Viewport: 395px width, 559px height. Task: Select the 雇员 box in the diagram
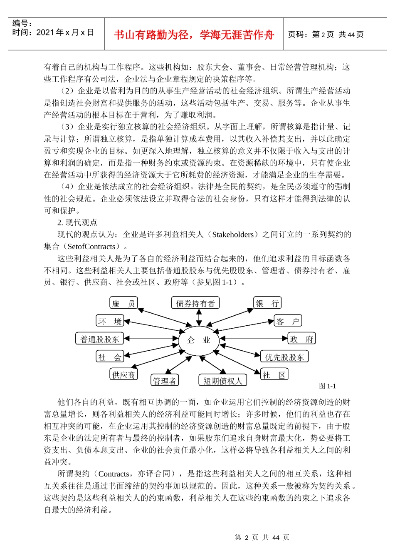pos(123,303)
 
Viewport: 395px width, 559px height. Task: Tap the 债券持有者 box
pos(195,303)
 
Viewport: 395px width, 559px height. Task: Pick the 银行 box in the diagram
pos(267,303)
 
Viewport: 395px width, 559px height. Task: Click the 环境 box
pos(110,321)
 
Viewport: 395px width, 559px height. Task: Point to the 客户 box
pos(288,321)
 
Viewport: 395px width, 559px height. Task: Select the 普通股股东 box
pos(99,339)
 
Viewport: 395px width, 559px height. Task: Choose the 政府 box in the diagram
pos(301,339)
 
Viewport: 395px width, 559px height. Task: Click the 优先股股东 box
pos(284,357)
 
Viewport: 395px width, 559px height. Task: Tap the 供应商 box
pos(123,374)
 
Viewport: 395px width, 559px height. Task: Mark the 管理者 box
pos(165,380)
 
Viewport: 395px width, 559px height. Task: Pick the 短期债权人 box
pos(223,380)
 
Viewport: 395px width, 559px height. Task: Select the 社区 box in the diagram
pos(274,374)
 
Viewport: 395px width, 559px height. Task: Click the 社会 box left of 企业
pos(110,357)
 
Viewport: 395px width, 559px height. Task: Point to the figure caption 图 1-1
pos(327,386)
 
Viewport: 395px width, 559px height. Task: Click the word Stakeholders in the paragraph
pos(232,235)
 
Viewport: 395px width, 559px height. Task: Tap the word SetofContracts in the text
pos(91,247)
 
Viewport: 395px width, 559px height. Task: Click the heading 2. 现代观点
pos(77,222)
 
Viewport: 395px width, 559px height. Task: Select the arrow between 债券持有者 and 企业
pos(199,317)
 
